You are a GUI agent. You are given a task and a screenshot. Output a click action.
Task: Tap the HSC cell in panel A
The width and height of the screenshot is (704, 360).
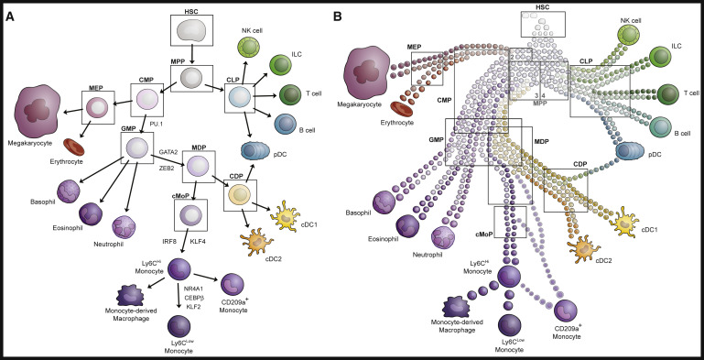point(191,33)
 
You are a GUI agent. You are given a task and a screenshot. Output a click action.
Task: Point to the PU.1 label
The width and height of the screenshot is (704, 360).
point(156,122)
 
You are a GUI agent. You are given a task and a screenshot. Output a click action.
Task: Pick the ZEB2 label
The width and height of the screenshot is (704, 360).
point(167,168)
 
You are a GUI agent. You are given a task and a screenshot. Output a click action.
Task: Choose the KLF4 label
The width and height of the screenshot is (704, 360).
point(196,242)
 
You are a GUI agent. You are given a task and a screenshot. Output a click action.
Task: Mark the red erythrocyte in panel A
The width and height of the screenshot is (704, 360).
point(73,147)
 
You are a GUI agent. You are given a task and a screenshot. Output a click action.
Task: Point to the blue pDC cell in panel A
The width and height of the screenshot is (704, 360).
point(255,151)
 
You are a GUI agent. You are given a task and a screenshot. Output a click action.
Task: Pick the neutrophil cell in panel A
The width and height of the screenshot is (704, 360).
point(123,226)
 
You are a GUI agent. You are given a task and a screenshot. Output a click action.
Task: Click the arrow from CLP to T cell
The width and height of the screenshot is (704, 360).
point(265,96)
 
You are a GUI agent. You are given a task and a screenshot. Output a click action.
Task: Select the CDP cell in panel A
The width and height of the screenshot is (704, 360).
point(240,195)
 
